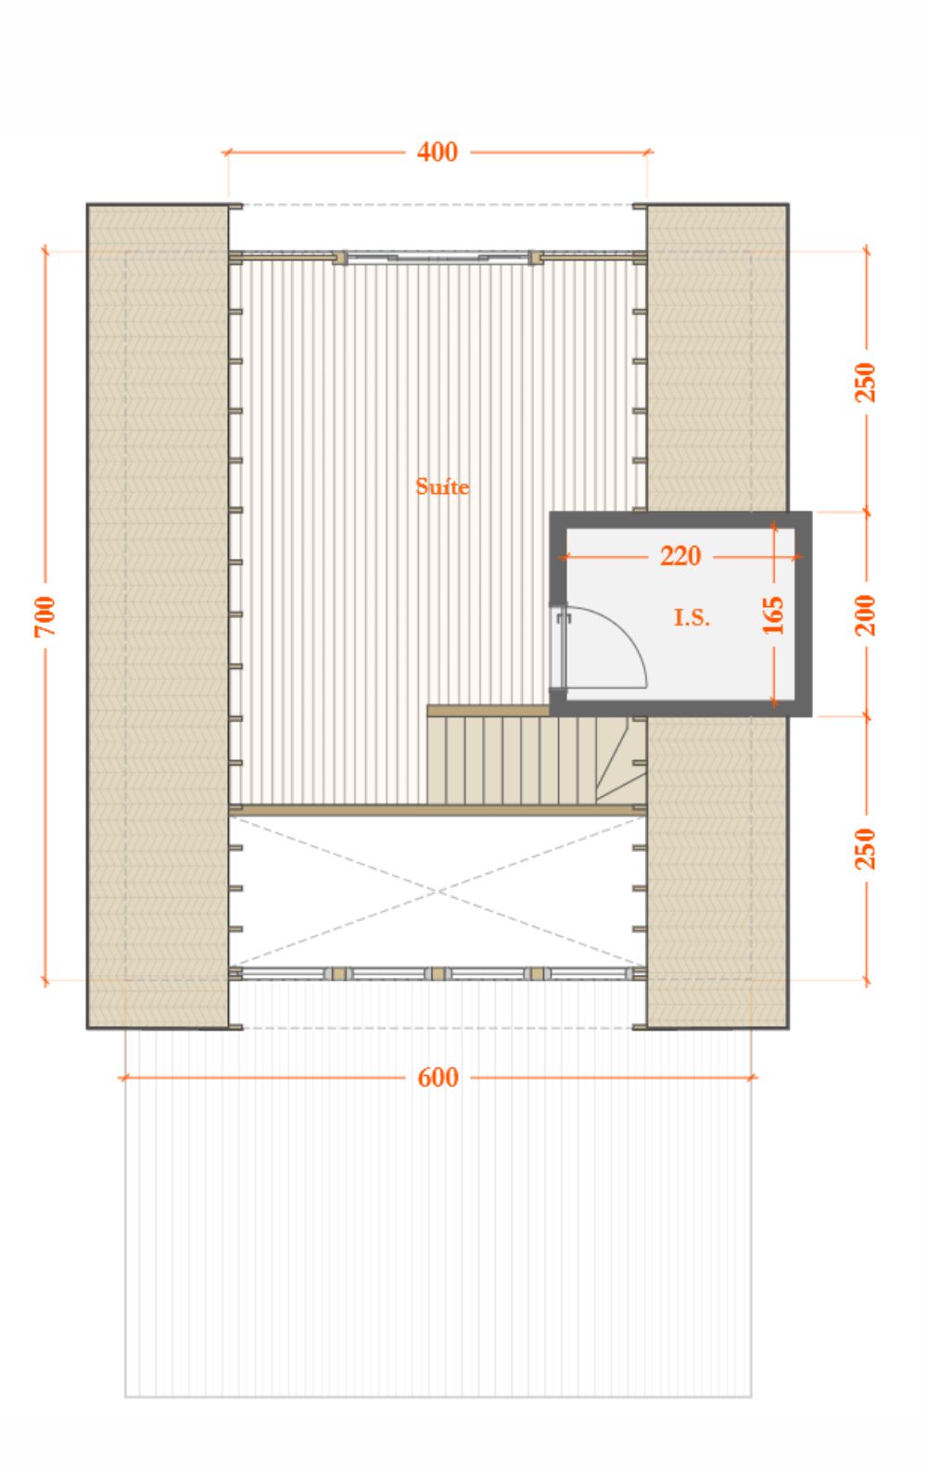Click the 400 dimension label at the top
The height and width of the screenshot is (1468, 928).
pyautogui.click(x=438, y=152)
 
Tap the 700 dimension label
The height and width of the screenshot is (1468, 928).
pyautogui.click(x=44, y=616)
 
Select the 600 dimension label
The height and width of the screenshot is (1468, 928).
pyautogui.click(x=438, y=1078)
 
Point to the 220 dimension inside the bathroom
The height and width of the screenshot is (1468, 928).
pyautogui.click(x=680, y=556)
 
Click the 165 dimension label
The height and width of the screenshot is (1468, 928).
pyautogui.click(x=773, y=614)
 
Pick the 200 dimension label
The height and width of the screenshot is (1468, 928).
pyautogui.click(x=865, y=614)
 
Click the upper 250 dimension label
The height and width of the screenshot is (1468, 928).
pyautogui.click(x=865, y=382)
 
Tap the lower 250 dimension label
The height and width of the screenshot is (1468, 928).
pyautogui.click(x=865, y=849)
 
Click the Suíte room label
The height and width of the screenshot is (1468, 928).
pyautogui.click(x=442, y=487)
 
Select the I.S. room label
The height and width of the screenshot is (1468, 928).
pyautogui.click(x=692, y=617)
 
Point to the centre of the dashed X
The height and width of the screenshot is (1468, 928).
pyautogui.click(x=438, y=892)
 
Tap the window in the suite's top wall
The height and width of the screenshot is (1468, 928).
pyautogui.click(x=438, y=257)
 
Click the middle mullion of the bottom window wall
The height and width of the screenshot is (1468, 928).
pyautogui.click(x=438, y=974)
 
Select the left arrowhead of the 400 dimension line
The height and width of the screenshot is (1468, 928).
pyautogui.click(x=226, y=153)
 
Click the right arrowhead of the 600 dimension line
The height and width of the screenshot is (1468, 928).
pyautogui.click(x=753, y=1077)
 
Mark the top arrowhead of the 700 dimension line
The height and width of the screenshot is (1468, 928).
pyautogui.click(x=44, y=251)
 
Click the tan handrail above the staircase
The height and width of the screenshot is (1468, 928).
pyautogui.click(x=489, y=711)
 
